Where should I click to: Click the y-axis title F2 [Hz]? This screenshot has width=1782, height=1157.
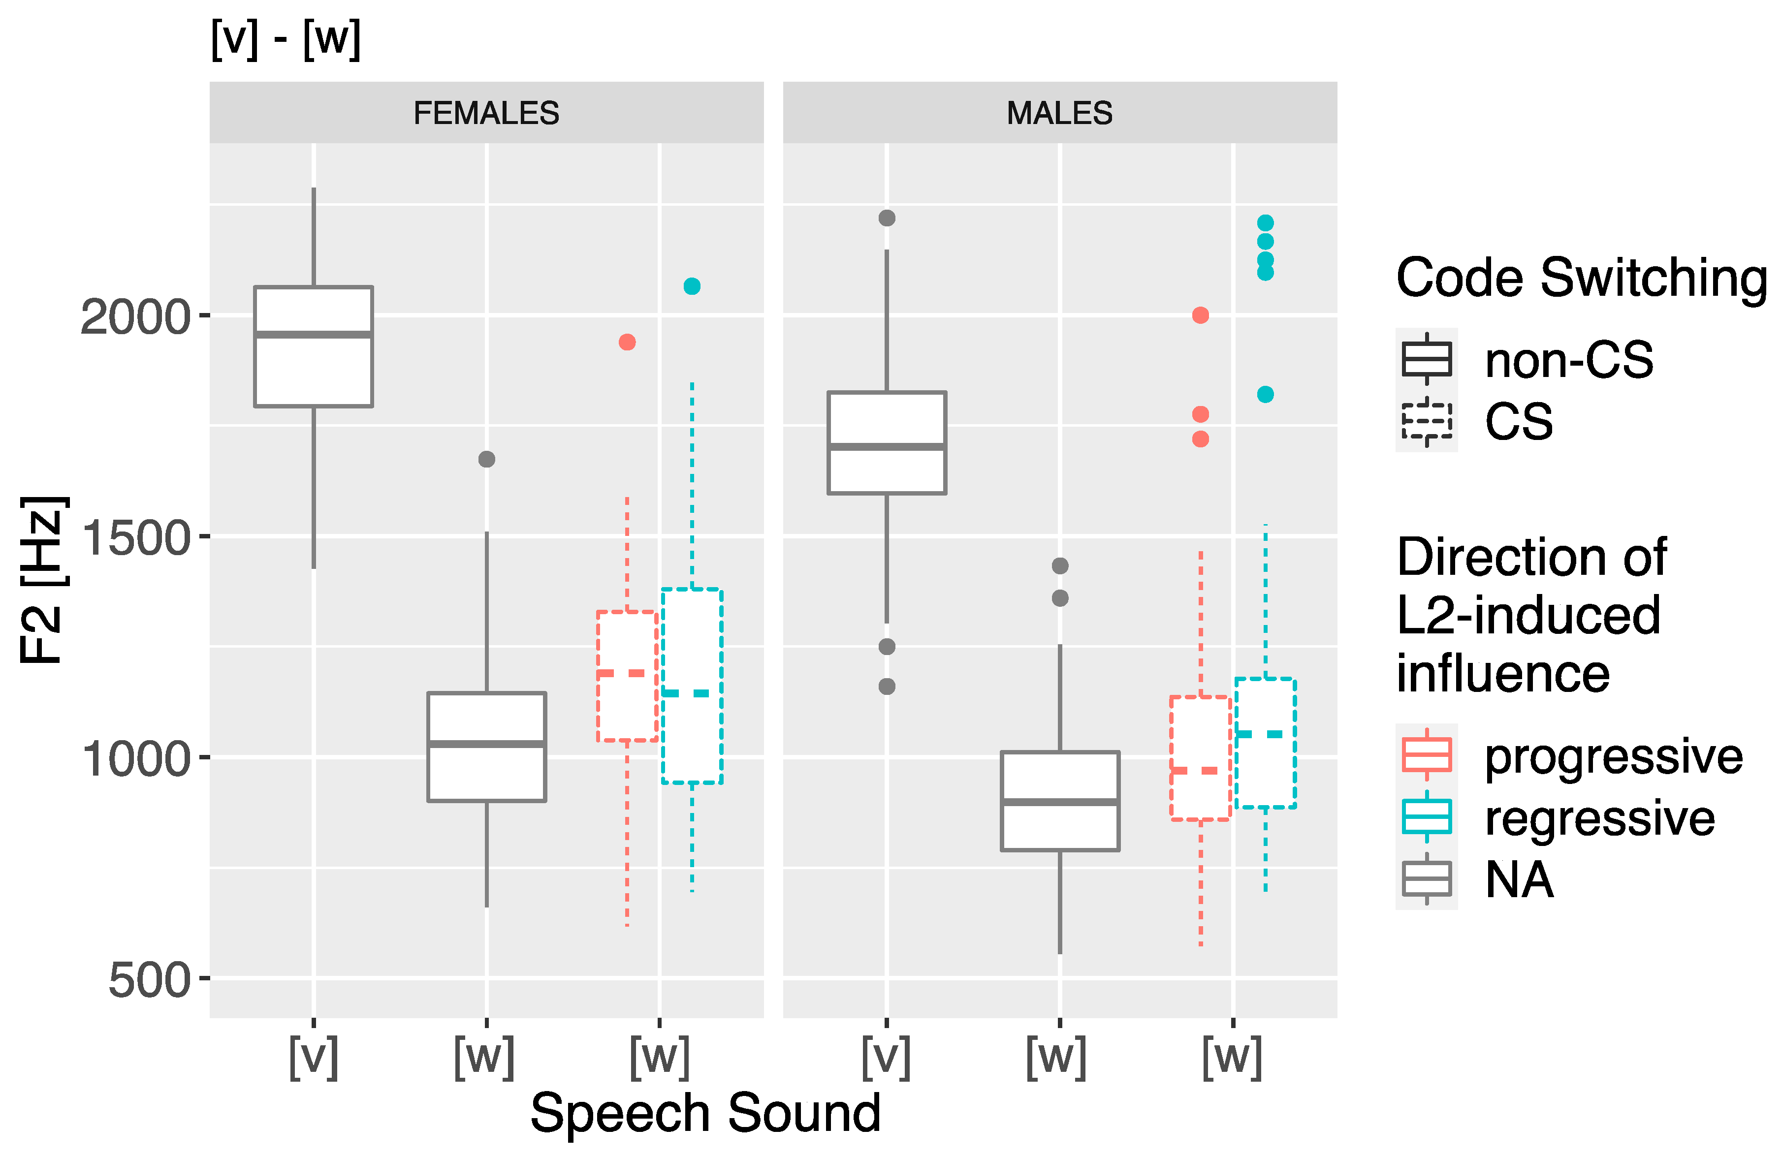(43, 580)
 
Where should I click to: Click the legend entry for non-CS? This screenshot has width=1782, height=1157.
(1569, 359)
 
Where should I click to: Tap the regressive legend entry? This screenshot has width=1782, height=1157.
(1599, 817)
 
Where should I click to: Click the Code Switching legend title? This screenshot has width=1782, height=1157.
(1581, 278)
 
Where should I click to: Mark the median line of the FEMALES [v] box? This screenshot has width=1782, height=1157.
(313, 335)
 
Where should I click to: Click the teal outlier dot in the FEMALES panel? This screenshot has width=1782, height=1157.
(692, 286)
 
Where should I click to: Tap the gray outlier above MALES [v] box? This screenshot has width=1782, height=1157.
(887, 218)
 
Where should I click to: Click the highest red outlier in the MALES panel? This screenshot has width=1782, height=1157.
(1200, 315)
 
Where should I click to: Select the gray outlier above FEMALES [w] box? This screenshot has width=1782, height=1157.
(487, 459)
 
